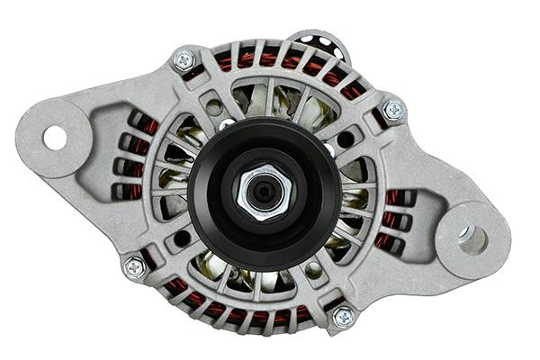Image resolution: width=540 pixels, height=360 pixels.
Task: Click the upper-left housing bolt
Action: (184, 60)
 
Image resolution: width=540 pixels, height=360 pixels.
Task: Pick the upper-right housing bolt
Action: (393, 110)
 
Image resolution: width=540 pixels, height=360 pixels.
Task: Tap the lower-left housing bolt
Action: (134, 266)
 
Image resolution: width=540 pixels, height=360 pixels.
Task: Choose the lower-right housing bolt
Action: (344, 317)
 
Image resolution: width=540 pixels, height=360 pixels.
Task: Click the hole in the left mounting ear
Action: (55, 138)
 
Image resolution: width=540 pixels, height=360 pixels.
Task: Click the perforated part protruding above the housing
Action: (320, 40)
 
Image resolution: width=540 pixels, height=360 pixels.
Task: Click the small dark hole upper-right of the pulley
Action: (346, 139)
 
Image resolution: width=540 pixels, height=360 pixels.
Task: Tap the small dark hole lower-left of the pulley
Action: (182, 238)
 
